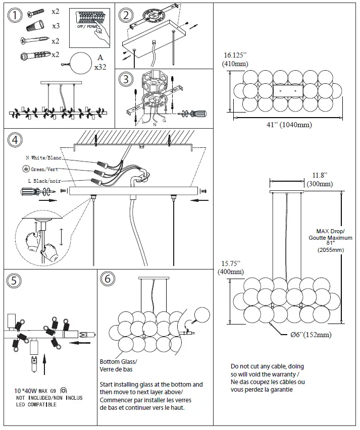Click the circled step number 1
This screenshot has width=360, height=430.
tap(16, 16)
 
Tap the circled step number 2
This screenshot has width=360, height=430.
tap(126, 15)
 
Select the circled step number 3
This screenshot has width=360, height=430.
tap(126, 80)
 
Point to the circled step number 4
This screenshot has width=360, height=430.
tap(16, 139)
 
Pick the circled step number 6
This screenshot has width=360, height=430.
tap(107, 280)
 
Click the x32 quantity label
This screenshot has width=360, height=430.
tap(100, 66)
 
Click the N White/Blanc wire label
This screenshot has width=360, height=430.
tap(43, 158)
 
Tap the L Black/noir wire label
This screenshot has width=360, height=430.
tap(44, 181)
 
